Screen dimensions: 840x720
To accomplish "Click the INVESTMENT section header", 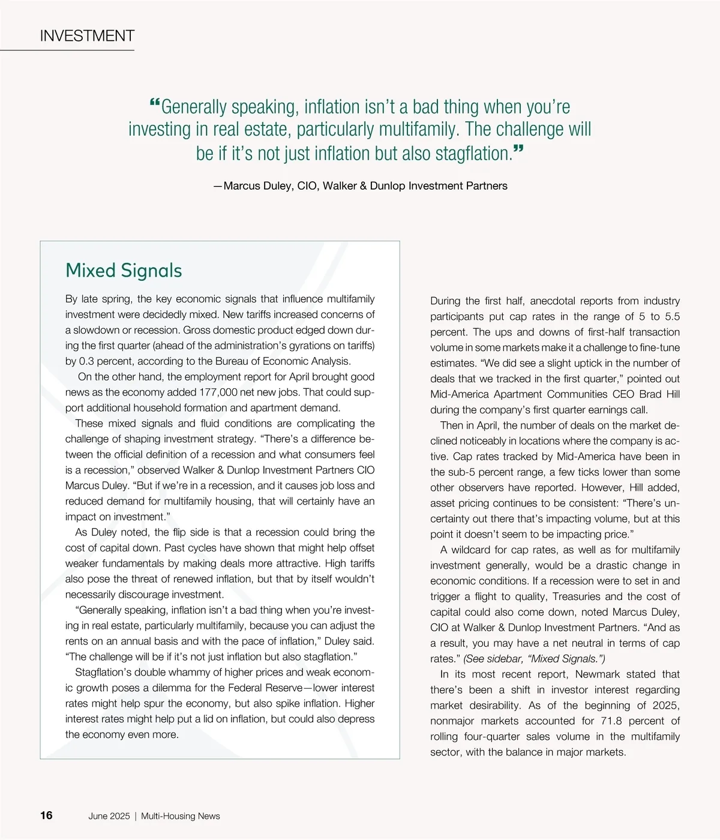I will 87,36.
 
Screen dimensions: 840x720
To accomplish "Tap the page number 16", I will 46,815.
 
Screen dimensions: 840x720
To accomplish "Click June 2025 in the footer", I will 109,816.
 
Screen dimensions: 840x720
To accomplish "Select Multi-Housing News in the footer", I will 181,816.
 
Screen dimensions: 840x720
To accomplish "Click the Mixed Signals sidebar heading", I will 124,270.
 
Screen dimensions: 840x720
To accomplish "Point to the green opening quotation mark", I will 154,104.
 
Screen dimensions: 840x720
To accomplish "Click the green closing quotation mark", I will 518,150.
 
